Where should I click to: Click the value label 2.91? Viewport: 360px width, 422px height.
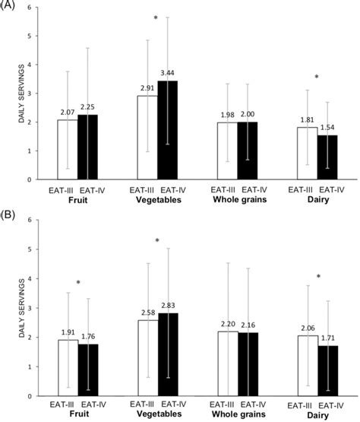coord(147,89)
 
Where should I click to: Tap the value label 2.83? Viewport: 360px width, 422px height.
coord(167,306)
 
